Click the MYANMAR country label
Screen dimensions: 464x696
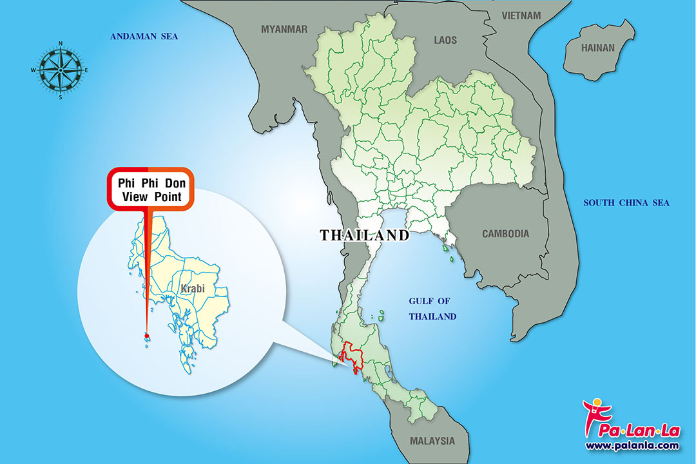[284, 29]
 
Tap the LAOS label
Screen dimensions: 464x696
[445, 40]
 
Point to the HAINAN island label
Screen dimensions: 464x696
[598, 48]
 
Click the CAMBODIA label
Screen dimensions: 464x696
[505, 234]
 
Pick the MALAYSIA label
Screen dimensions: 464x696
[432, 441]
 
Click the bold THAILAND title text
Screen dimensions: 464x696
[365, 235]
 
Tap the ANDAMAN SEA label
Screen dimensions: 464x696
[144, 37]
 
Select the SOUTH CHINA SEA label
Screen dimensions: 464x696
[626, 203]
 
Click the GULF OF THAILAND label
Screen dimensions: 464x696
[432, 309]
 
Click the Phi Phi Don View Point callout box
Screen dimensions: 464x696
[150, 189]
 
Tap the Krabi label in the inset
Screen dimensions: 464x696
[193, 289]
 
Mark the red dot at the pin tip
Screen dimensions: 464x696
[147, 336]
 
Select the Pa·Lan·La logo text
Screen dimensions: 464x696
[635, 428]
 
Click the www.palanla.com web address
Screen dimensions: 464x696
[632, 445]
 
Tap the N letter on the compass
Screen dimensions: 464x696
[61, 43]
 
